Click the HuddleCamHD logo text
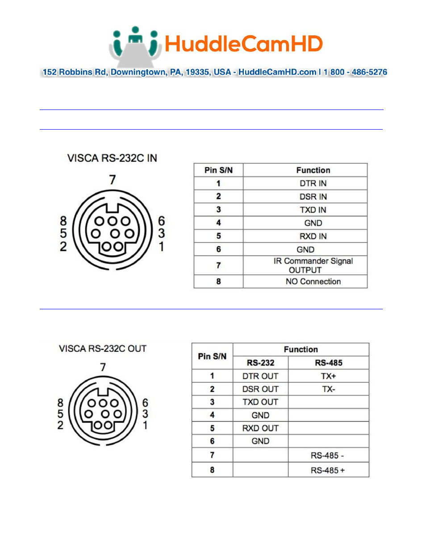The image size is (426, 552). pyautogui.click(x=243, y=44)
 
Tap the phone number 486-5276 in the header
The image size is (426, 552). pyautogui.click(x=369, y=72)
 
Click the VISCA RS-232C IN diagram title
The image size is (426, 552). pyautogui.click(x=112, y=158)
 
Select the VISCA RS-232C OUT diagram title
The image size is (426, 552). pyautogui.click(x=103, y=349)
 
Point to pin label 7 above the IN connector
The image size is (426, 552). pyautogui.click(x=113, y=180)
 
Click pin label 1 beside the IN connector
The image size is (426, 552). pyautogui.click(x=161, y=246)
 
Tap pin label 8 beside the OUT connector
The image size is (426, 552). pyautogui.click(x=60, y=403)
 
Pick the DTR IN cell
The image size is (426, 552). pyautogui.click(x=313, y=183)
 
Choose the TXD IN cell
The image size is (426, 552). pyautogui.click(x=313, y=210)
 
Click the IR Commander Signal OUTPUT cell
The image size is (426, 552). pyautogui.click(x=313, y=265)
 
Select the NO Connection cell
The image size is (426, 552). pyautogui.click(x=313, y=282)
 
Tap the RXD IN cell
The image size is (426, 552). pyautogui.click(x=313, y=236)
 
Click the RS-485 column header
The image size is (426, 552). pyautogui.click(x=329, y=363)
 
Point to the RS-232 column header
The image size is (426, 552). pyautogui.click(x=261, y=363)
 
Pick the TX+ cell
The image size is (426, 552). pyautogui.click(x=329, y=376)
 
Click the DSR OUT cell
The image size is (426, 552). pyautogui.click(x=260, y=389)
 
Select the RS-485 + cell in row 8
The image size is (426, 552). pyautogui.click(x=328, y=470)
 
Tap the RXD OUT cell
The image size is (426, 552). pyautogui.click(x=260, y=428)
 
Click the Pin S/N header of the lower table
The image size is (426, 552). pyautogui.click(x=212, y=356)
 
